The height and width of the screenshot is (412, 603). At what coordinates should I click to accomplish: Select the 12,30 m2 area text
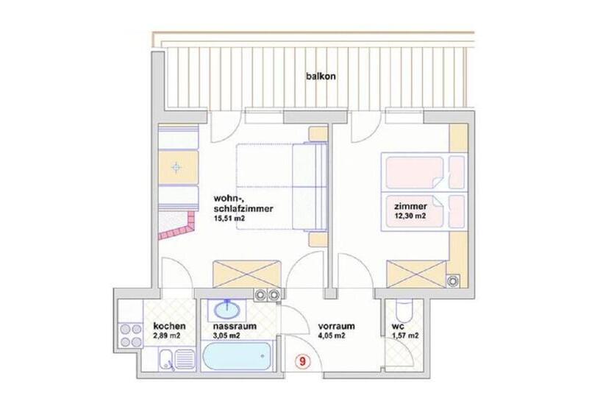click(410, 216)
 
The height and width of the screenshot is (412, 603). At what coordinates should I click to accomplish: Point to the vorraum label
click(337, 326)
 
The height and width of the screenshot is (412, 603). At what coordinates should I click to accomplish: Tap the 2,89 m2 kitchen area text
click(167, 336)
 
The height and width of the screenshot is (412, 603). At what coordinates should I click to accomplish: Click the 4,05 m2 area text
click(332, 336)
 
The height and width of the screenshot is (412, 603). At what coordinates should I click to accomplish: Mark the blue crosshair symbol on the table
click(176, 168)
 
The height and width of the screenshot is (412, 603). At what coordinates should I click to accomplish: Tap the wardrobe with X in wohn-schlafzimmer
click(246, 274)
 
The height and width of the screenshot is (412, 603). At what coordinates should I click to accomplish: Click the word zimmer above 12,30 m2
click(410, 206)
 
